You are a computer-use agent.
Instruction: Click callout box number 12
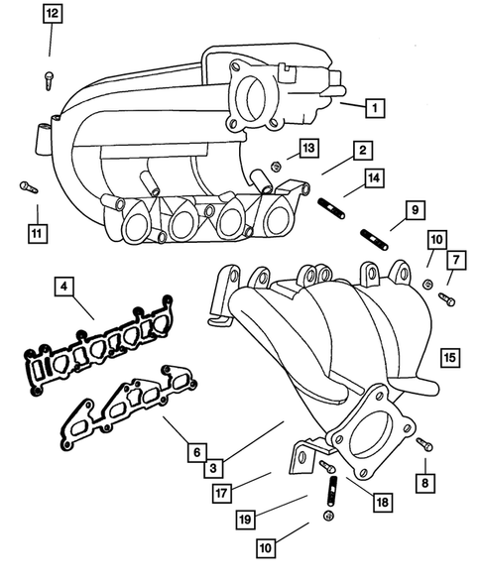tap(52, 14)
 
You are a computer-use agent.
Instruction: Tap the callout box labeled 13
tap(309, 148)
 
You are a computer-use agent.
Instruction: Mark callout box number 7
tap(457, 260)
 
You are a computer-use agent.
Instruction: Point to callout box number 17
tap(225, 491)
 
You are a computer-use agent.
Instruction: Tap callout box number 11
tap(37, 234)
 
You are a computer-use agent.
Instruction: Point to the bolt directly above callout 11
tap(26, 185)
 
